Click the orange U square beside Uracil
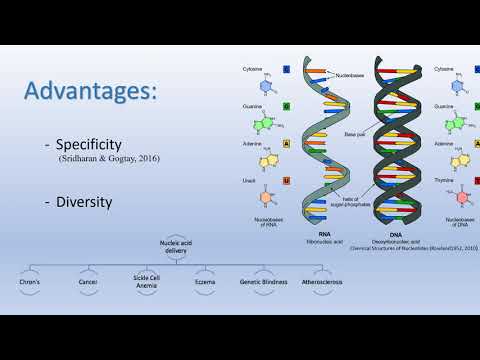pyautogui.click(x=287, y=180)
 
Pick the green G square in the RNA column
pyautogui.click(x=287, y=104)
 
